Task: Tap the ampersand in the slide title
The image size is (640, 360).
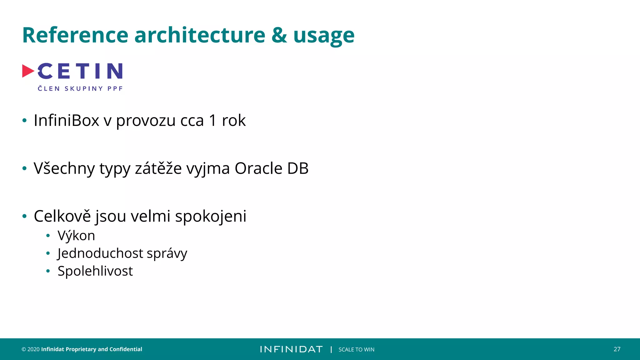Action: click(279, 35)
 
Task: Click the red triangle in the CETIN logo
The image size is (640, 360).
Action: click(28, 71)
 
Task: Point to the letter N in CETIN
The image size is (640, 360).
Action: click(115, 71)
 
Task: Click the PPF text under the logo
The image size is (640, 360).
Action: click(115, 89)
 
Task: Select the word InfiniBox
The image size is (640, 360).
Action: click(66, 121)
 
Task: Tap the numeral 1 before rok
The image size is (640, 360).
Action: click(213, 121)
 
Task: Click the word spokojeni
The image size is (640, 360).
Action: click(211, 217)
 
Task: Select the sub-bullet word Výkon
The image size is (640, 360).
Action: click(76, 236)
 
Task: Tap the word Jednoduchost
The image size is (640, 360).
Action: click(100, 253)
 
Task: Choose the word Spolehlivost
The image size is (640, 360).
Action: click(95, 271)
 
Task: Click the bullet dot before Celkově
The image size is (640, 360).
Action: click(25, 216)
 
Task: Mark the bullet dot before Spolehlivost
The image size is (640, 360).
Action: click(48, 271)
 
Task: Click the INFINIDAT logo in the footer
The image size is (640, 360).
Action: click(291, 349)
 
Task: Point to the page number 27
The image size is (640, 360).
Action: click(617, 349)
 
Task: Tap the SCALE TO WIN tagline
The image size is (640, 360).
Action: click(356, 349)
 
